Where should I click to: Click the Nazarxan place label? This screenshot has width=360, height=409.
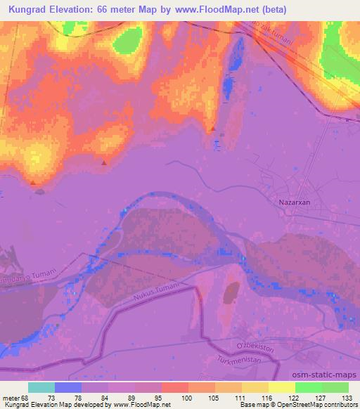point(295,202)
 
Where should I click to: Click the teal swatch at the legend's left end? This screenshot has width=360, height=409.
point(41,387)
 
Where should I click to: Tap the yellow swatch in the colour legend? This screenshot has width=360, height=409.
point(281,387)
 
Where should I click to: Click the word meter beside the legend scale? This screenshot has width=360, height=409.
point(11,397)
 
